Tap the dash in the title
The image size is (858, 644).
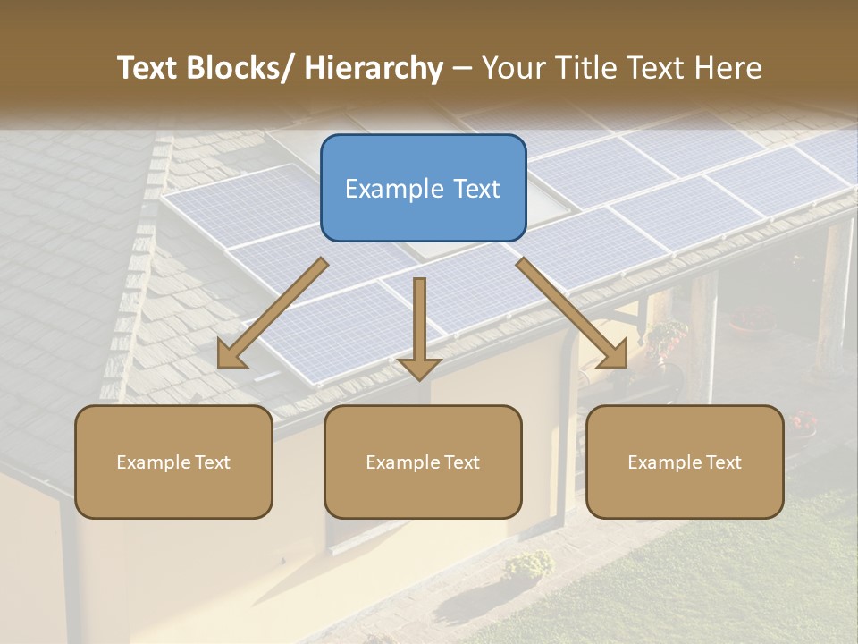(462, 68)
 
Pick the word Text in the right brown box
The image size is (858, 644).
(722, 462)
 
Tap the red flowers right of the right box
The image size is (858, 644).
(804, 421)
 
